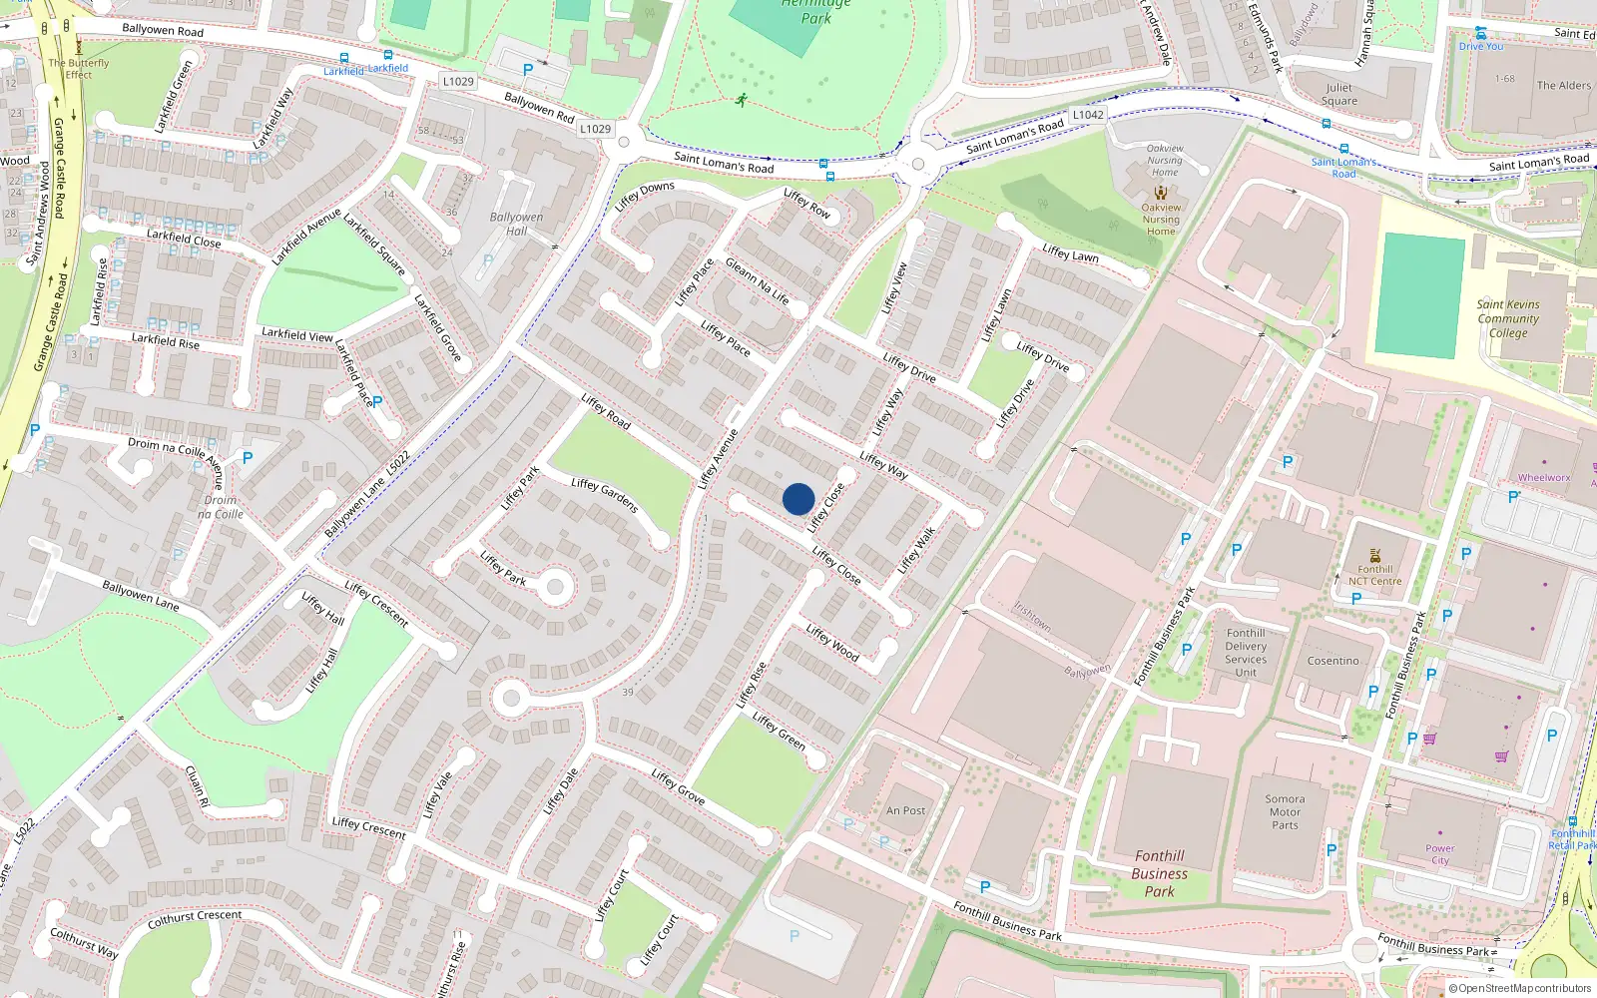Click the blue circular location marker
click(798, 499)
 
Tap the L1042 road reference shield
click(1088, 115)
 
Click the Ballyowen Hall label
click(516, 224)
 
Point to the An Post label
click(905, 810)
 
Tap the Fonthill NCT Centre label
click(1374, 575)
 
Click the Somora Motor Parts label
click(1285, 811)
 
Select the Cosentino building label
click(1332, 661)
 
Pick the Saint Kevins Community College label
click(1508, 318)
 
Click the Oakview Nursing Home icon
click(1160, 193)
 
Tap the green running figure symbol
click(742, 100)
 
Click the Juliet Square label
click(1338, 94)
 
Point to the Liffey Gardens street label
click(604, 495)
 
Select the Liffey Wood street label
click(832, 642)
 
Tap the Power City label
click(1439, 854)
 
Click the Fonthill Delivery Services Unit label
click(1246, 653)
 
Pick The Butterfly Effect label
click(79, 68)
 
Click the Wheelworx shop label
click(1543, 478)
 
